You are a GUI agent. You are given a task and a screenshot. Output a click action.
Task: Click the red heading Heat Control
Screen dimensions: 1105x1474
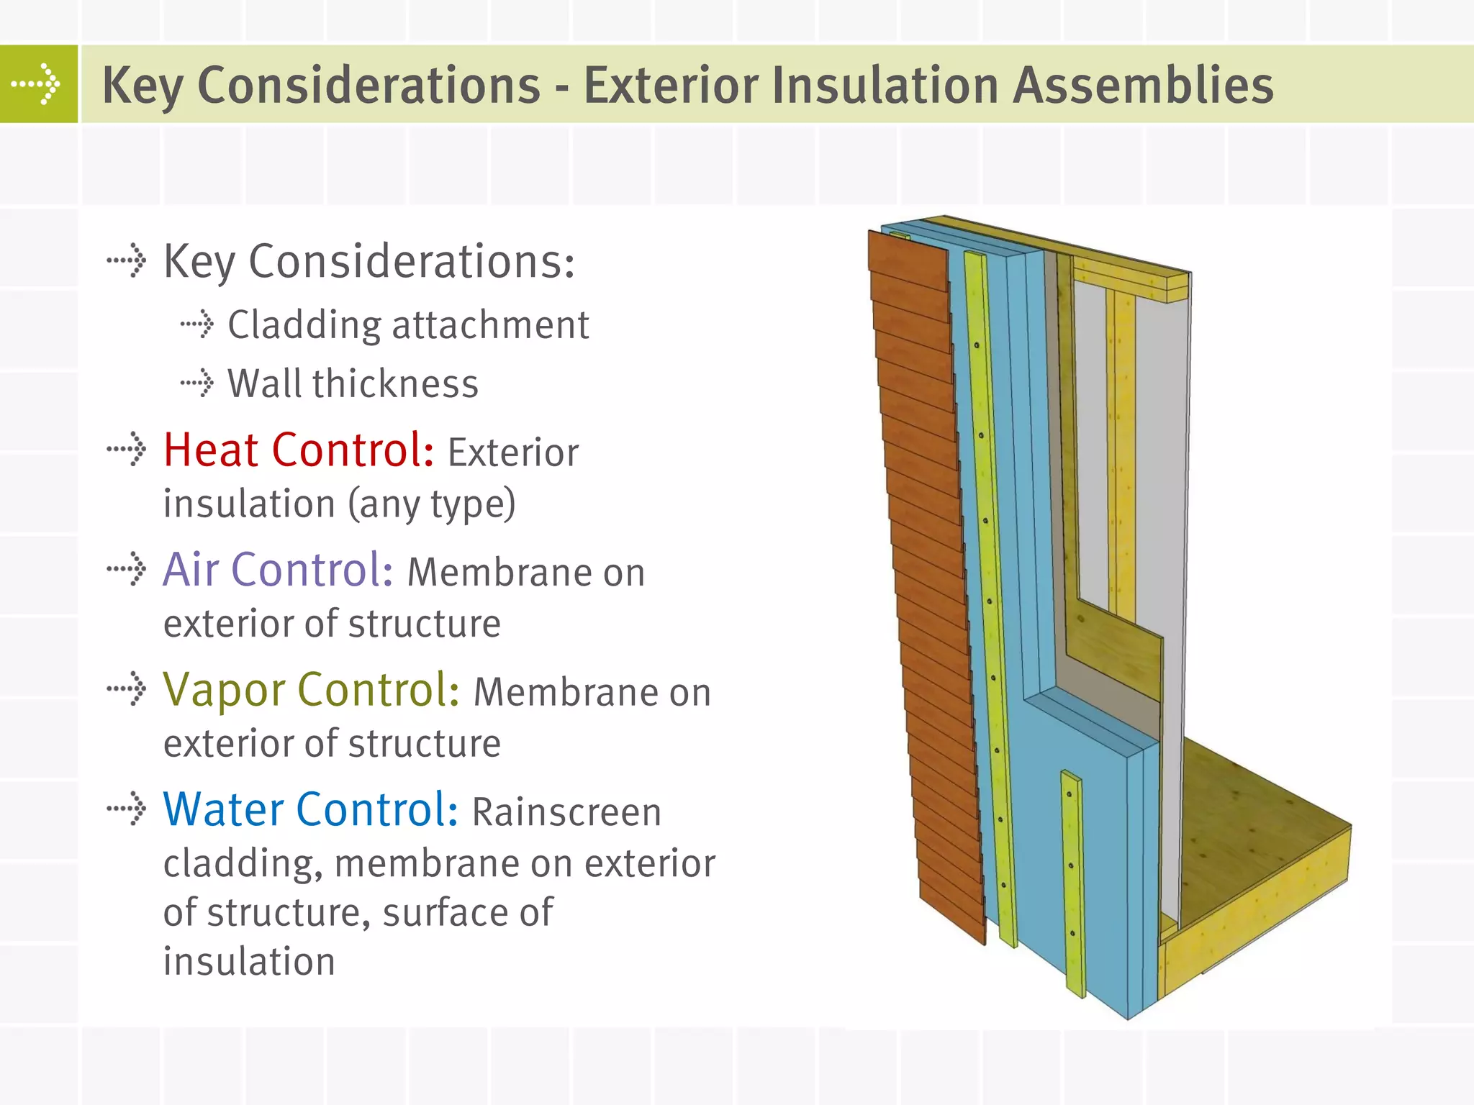coord(298,451)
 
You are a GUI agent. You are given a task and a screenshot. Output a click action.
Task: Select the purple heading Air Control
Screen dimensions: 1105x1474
coord(278,570)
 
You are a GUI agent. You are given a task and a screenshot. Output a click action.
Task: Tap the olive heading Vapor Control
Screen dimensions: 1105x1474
coord(311,691)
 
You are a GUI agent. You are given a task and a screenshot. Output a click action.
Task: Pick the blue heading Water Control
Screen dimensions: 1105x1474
coord(310,810)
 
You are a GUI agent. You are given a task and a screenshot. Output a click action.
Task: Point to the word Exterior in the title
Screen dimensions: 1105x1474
coord(670,85)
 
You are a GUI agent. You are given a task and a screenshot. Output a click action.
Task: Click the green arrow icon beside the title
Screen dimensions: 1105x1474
coord(38,84)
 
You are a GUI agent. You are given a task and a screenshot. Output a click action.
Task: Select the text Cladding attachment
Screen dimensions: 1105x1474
coord(408,324)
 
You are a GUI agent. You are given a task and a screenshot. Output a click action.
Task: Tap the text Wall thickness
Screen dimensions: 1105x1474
coord(353,383)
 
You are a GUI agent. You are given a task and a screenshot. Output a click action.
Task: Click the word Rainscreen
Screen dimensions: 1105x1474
coord(566,813)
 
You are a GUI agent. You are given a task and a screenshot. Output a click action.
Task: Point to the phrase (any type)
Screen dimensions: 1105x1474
coord(432,504)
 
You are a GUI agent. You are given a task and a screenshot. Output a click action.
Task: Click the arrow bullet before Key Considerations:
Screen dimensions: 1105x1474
coord(127,260)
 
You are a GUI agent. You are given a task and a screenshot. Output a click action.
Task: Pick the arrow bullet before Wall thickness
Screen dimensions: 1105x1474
coord(197,383)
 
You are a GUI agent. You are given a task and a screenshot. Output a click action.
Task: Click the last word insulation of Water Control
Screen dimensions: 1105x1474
coord(249,962)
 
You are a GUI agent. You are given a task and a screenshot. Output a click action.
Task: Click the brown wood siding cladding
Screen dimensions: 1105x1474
coord(928,576)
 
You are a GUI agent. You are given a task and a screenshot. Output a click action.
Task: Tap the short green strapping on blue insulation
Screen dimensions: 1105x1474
coord(1072,885)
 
